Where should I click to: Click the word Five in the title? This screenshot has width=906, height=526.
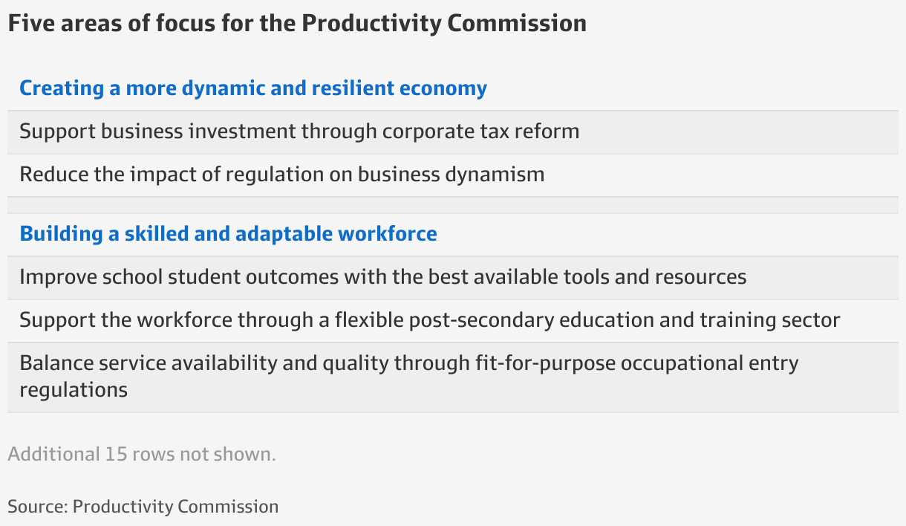[x=27, y=23]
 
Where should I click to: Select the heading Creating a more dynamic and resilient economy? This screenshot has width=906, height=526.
[x=253, y=88]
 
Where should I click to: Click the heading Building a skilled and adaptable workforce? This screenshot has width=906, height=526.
[x=228, y=234]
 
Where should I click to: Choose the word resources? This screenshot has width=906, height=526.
[x=700, y=277]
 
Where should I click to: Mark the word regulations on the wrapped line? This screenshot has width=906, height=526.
[x=74, y=389]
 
